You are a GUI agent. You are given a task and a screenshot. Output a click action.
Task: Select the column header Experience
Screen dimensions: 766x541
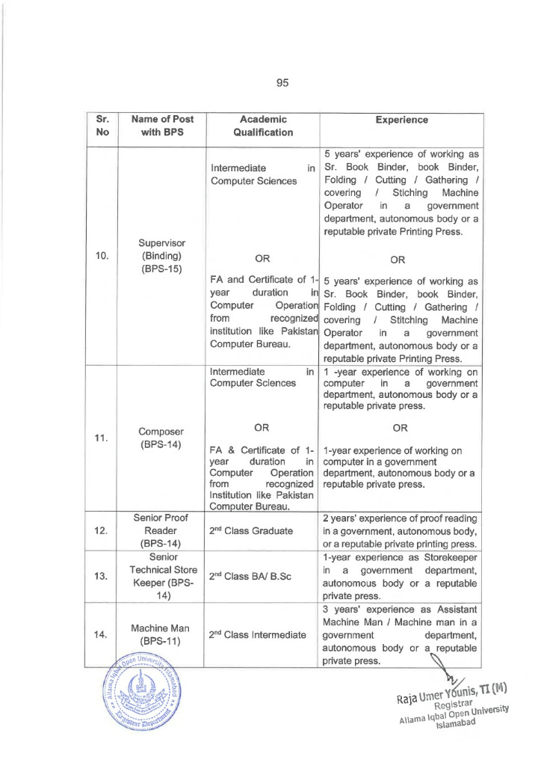401,119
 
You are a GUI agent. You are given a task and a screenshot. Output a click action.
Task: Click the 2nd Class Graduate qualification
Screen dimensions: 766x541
255,532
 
